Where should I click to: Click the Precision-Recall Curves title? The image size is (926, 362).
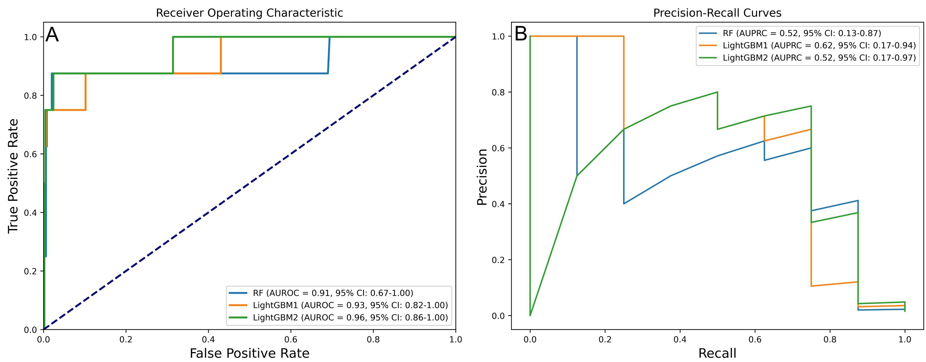tap(717, 13)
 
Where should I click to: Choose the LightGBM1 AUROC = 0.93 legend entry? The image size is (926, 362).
tap(350, 305)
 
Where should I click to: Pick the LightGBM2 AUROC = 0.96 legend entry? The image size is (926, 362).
tap(350, 317)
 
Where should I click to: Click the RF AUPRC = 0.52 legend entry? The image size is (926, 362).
tap(802, 33)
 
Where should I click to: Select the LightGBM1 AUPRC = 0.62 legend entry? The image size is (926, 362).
tap(819, 46)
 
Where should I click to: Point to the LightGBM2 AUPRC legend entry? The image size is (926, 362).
tap(819, 58)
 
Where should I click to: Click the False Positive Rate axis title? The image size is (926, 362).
tap(250, 353)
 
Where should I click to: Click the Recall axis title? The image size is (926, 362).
tap(717, 353)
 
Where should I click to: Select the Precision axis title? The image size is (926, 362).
tap(482, 177)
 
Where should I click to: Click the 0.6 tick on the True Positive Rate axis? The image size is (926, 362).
tap(30, 154)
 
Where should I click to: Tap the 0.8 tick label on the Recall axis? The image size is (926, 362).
tap(830, 339)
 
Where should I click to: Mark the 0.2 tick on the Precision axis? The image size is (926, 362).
tap(498, 260)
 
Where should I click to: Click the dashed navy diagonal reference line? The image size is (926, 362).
tap(250, 183)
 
